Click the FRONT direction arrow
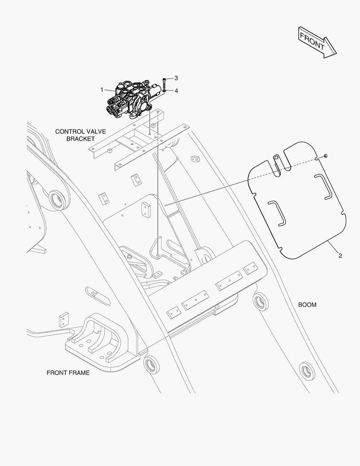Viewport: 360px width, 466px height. point(317,42)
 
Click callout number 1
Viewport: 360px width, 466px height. point(102,90)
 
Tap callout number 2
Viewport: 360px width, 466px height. point(340,256)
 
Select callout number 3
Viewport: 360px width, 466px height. point(176,78)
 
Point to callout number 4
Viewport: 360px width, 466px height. point(176,91)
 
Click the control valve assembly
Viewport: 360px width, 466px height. point(131,99)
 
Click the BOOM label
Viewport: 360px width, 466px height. point(307,305)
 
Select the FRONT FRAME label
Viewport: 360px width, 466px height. point(68,373)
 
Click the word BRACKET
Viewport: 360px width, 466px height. point(80,139)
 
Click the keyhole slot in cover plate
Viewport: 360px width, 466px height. point(277,161)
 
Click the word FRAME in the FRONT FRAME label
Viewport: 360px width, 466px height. point(80,373)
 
